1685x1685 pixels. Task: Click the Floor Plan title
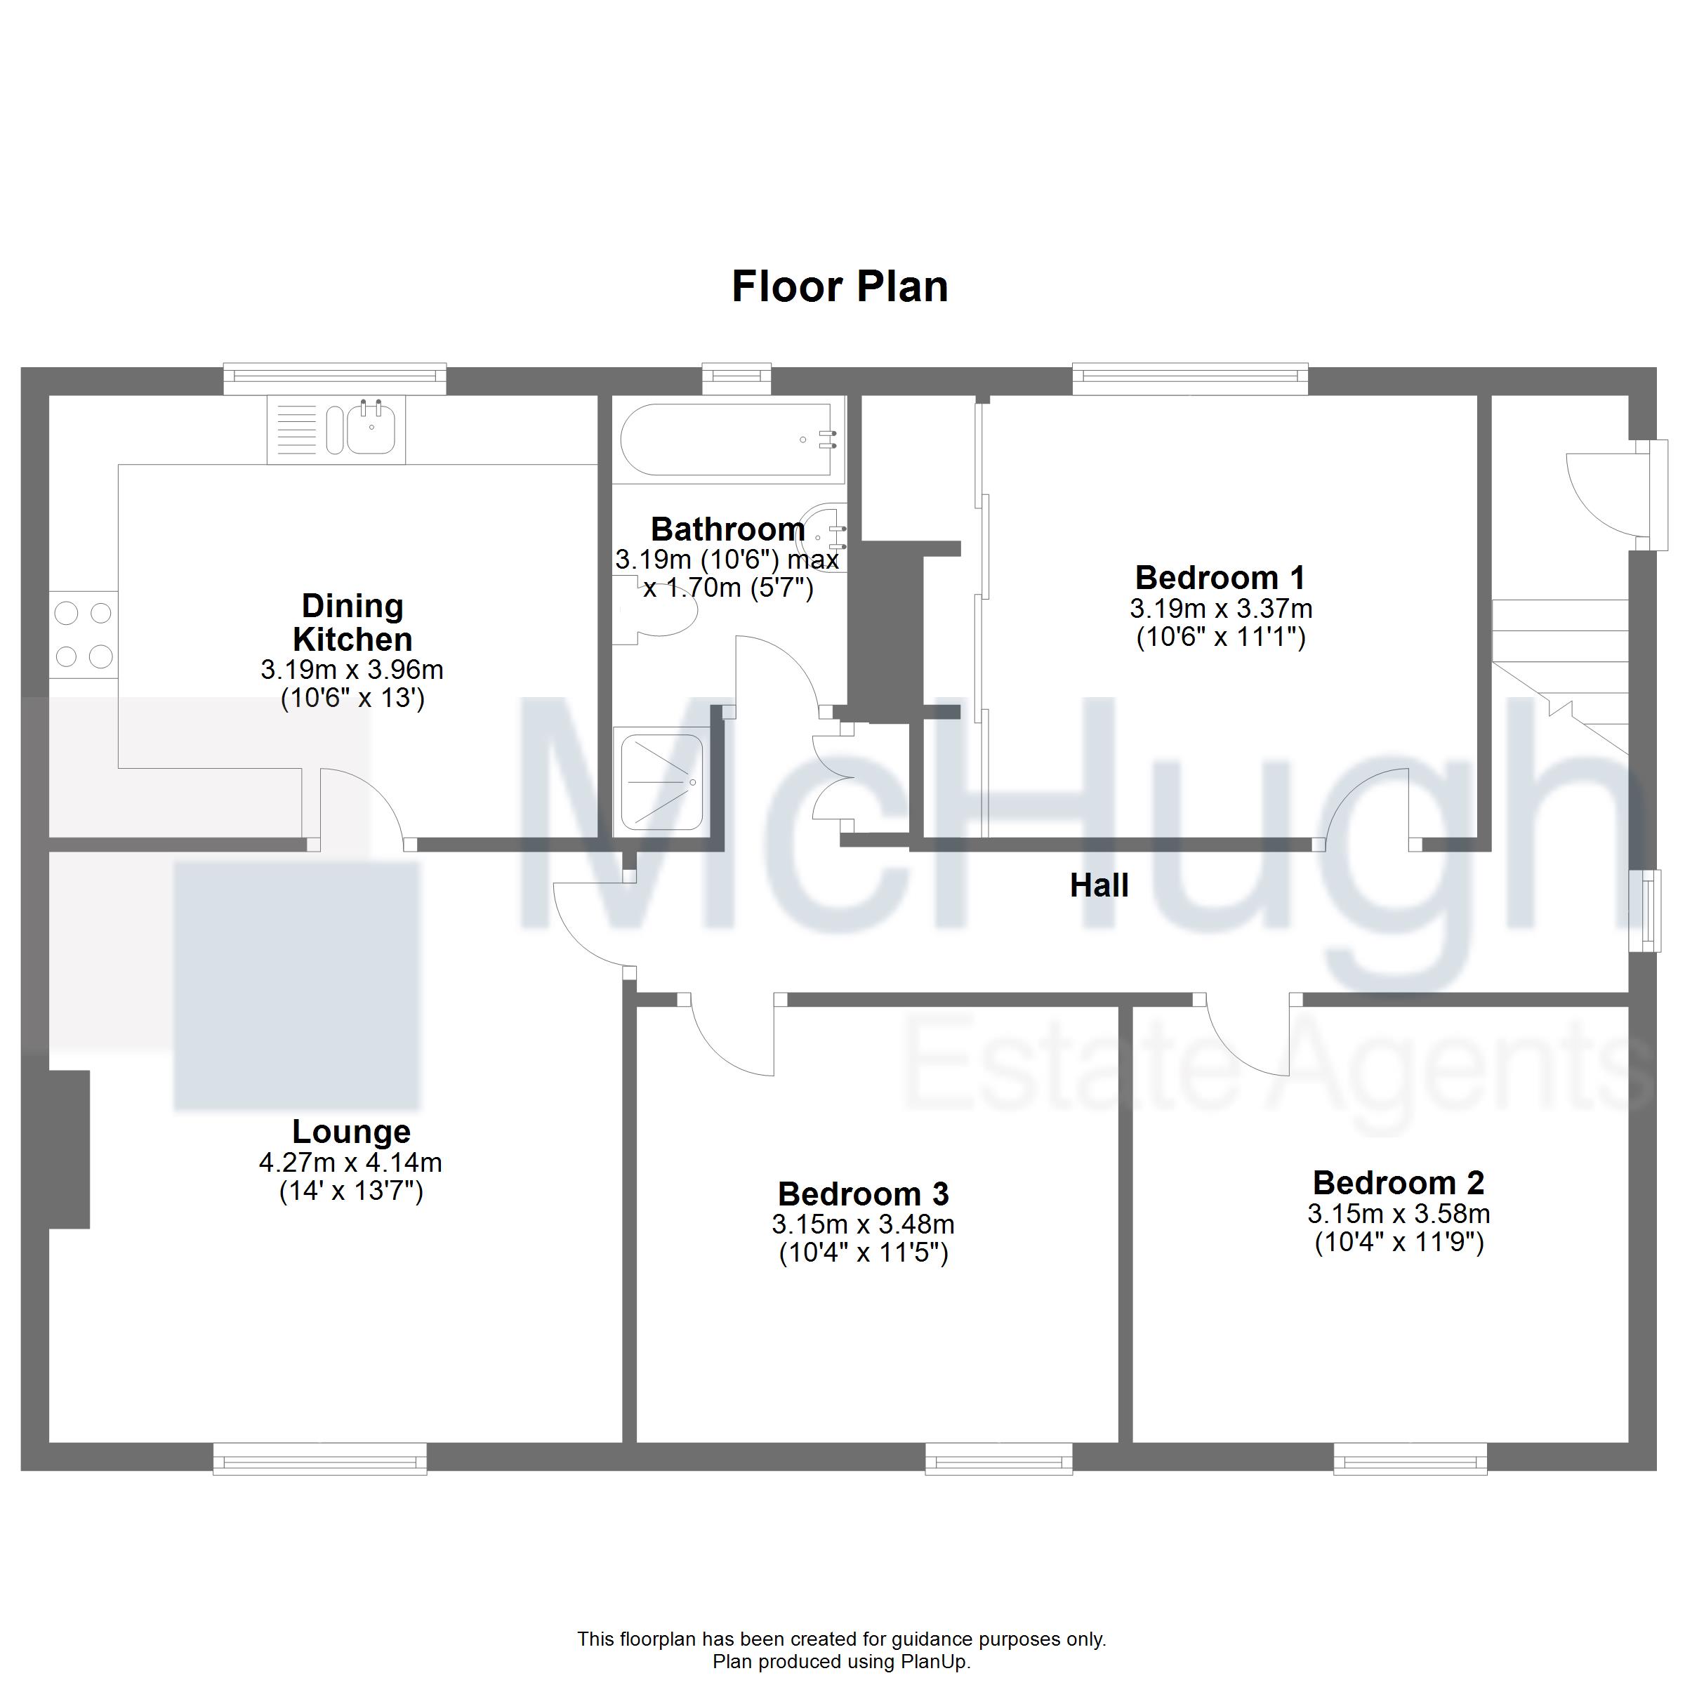(840, 286)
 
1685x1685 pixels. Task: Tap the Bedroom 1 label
(1220, 577)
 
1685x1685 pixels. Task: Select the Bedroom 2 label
(1398, 1182)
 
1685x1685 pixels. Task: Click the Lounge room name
(352, 1131)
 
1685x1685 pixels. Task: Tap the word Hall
(1099, 885)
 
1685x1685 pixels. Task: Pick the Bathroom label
(728, 529)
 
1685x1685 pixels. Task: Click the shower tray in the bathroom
(660, 781)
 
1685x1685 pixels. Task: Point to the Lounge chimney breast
(69, 1149)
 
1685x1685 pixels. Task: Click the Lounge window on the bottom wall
(320, 1458)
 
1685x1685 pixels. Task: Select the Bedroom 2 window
(1410, 1458)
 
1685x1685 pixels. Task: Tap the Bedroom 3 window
(998, 1458)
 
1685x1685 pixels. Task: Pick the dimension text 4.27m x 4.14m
(350, 1163)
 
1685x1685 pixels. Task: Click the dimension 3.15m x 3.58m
(1398, 1213)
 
